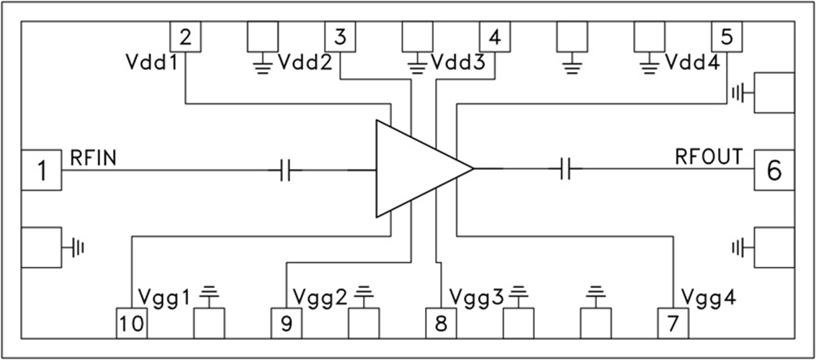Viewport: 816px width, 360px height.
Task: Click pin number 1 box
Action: (42, 170)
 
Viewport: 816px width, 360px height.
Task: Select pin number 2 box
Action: (185, 36)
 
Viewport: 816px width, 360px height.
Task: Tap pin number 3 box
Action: (341, 36)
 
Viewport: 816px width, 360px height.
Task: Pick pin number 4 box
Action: (495, 36)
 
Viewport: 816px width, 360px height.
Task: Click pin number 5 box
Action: (726, 36)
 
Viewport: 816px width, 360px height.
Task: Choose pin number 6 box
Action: (774, 170)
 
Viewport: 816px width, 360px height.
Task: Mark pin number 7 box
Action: (673, 323)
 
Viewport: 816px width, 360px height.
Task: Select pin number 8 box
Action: (441, 323)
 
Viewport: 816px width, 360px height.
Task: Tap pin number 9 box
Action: (287, 323)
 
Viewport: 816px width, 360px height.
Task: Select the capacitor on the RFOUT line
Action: (565, 170)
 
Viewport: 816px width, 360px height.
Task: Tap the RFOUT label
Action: (708, 156)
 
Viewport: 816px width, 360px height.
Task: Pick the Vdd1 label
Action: (151, 63)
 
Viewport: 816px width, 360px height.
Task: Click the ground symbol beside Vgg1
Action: (210, 292)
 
